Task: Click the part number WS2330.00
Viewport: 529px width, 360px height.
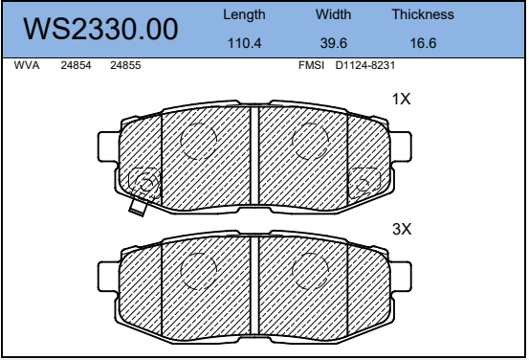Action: click(x=100, y=30)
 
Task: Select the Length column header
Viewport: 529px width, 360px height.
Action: click(x=244, y=15)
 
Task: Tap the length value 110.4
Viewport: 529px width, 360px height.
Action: click(x=244, y=43)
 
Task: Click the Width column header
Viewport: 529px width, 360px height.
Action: click(x=333, y=14)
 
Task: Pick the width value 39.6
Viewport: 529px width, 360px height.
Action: click(x=333, y=43)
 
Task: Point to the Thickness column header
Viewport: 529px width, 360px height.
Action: click(x=423, y=14)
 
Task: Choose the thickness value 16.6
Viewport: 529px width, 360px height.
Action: click(x=423, y=43)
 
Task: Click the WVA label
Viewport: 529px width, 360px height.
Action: click(x=27, y=65)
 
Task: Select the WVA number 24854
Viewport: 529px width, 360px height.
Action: click(x=76, y=65)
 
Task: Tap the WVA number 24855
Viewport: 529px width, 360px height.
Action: click(x=125, y=65)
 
